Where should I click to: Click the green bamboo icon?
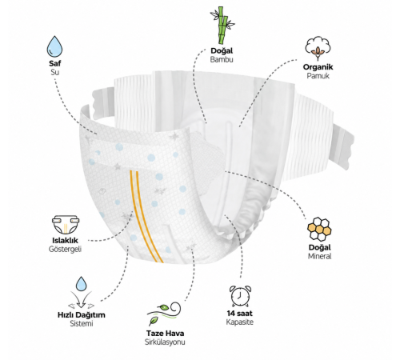click(x=222, y=26)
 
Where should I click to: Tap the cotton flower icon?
click(x=318, y=49)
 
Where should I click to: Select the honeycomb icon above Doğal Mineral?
click(x=319, y=229)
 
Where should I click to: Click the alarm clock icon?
click(x=240, y=296)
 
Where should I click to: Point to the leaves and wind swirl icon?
click(x=164, y=314)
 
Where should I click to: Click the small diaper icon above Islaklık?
click(x=66, y=225)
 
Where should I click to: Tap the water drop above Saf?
click(x=54, y=46)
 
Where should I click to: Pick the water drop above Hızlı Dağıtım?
click(x=81, y=284)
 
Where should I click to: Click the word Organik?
click(x=318, y=67)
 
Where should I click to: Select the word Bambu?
click(x=222, y=59)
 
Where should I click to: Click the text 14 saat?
click(x=240, y=314)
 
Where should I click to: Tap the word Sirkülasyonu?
click(x=165, y=342)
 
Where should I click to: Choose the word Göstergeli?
click(x=65, y=250)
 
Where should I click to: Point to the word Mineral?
click(x=319, y=256)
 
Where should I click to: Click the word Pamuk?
click(x=318, y=76)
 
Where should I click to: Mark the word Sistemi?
click(x=82, y=323)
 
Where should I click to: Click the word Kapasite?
click(x=240, y=322)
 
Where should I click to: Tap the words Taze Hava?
click(x=165, y=334)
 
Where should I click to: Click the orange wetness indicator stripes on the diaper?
click(x=146, y=217)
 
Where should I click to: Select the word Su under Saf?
click(x=54, y=72)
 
